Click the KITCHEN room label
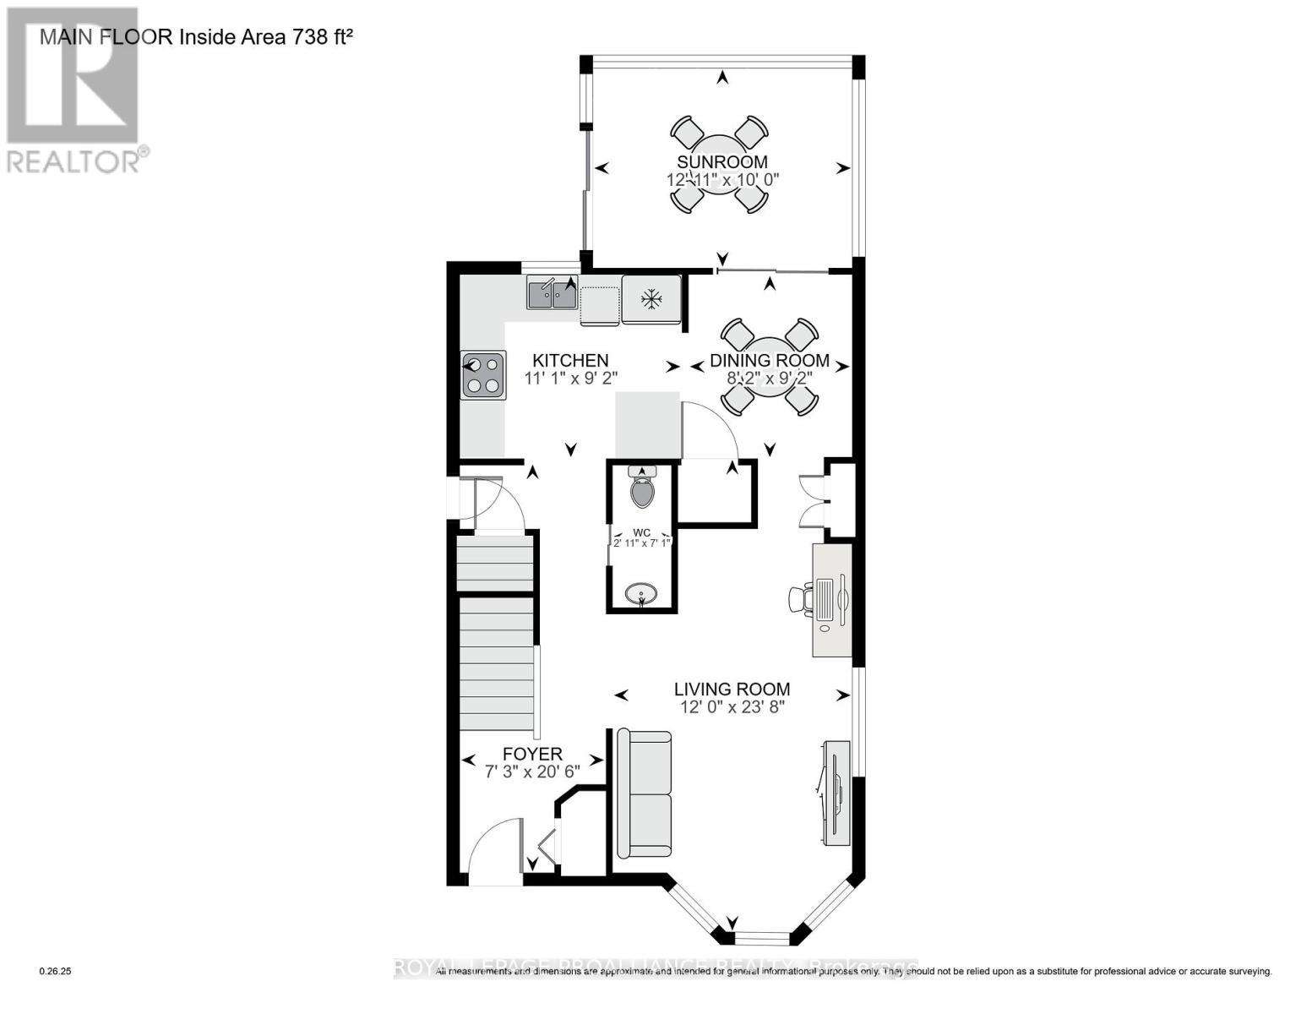[572, 360]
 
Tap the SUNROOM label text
[721, 161]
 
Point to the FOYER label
[531, 754]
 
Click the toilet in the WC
[642, 488]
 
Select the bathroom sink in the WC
[642, 594]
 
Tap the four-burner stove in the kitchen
[483, 374]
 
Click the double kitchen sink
[552, 294]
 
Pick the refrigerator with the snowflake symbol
[651, 299]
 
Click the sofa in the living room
[645, 793]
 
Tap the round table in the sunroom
[721, 166]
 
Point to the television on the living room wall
[837, 792]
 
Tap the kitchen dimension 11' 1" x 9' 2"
[572, 379]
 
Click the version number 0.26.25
[56, 972]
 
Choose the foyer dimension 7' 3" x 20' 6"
[531, 771]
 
